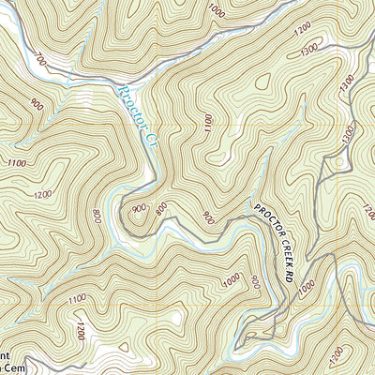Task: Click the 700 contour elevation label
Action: [40, 61]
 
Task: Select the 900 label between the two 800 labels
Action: [140, 208]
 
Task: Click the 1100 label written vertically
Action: [207, 123]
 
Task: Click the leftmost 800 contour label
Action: [97, 217]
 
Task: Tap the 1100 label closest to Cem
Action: [78, 298]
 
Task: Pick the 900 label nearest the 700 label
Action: [37, 104]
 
